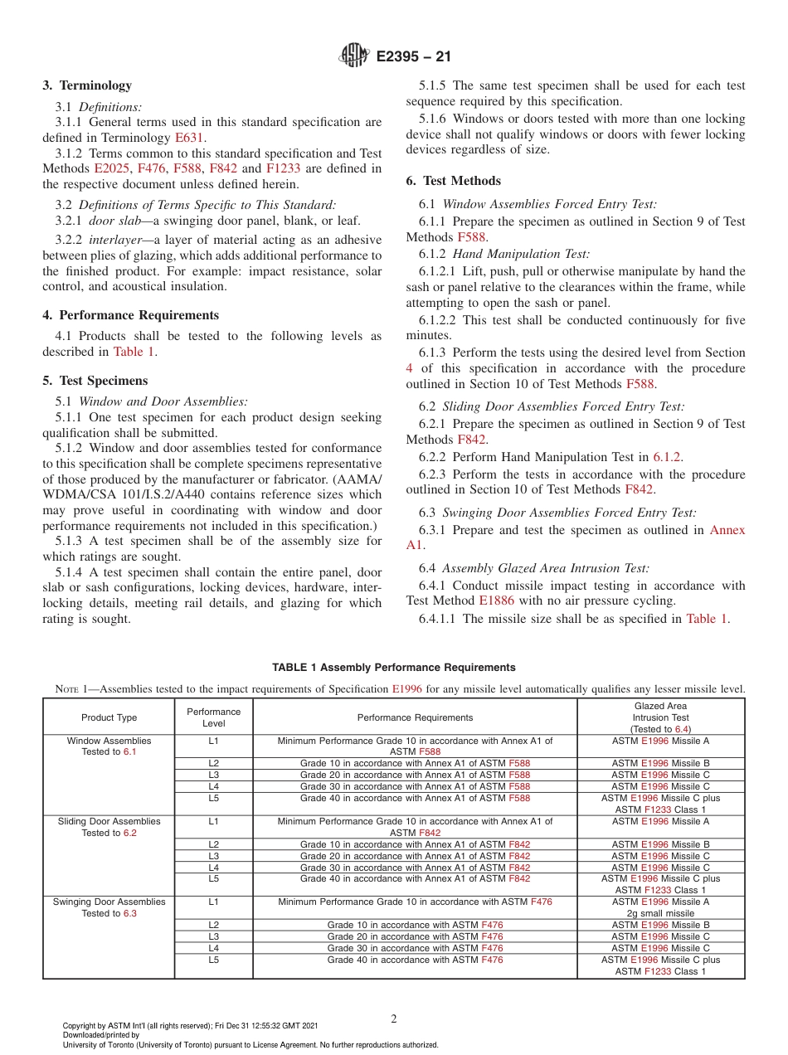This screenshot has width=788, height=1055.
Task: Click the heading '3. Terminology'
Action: (x=87, y=85)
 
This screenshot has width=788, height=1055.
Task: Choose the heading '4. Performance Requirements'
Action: (x=131, y=315)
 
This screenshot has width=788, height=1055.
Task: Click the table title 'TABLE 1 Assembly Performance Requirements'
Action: (x=394, y=668)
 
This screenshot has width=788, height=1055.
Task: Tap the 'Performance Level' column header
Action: (x=213, y=717)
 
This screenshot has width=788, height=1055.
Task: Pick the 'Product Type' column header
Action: (x=109, y=717)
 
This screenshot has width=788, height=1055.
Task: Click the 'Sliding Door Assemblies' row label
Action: (x=109, y=821)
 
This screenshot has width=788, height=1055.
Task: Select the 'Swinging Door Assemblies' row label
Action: (x=109, y=902)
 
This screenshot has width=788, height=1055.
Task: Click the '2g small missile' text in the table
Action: (x=660, y=913)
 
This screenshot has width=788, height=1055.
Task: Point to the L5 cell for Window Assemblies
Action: (x=213, y=798)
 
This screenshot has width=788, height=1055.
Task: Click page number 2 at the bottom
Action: (x=394, y=1019)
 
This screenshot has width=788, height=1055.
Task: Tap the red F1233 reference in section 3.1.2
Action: (x=282, y=169)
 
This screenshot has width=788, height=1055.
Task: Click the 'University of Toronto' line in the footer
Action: (x=249, y=1044)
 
